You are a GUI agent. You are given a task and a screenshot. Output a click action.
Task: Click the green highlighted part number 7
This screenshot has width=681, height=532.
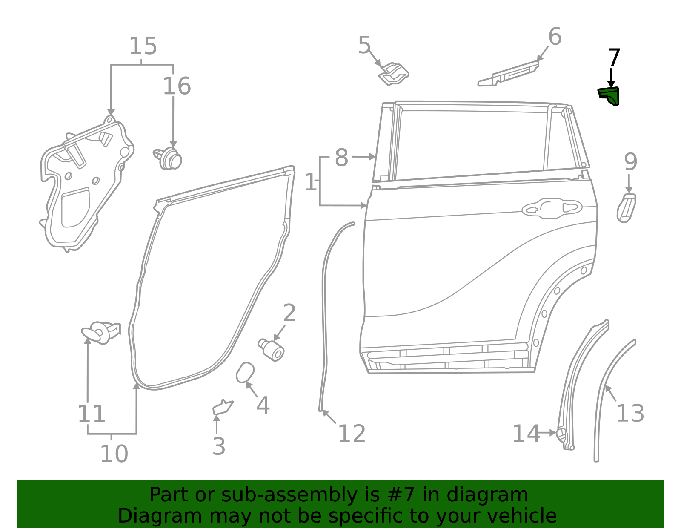coord(609,95)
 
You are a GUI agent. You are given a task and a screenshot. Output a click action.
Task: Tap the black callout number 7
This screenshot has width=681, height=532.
coord(614,58)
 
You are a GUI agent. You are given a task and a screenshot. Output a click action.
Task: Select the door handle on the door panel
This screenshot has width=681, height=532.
coord(552,208)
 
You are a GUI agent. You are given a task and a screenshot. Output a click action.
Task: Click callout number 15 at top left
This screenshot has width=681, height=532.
coord(143,46)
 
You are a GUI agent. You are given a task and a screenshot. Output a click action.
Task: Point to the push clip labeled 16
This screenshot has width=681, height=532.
coord(169,158)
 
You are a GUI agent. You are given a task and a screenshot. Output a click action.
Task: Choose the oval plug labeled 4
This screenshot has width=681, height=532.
coord(245,373)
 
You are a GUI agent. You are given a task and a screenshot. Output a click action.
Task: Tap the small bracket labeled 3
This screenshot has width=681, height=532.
coord(222,407)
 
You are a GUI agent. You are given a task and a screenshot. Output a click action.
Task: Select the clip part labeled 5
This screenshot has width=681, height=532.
coord(394,74)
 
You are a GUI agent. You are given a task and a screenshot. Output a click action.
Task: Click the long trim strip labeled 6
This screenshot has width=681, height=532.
coord(509,74)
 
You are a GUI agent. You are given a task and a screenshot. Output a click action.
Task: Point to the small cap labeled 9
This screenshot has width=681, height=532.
coord(626,208)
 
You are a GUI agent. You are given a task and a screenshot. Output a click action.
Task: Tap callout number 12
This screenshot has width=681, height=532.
coord(352,434)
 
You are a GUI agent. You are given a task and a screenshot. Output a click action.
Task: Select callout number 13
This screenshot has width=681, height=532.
coord(630,413)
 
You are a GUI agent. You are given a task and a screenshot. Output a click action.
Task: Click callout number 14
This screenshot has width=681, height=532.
coord(526,434)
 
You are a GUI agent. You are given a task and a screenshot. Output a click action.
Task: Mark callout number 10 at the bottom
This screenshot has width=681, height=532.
coord(114,454)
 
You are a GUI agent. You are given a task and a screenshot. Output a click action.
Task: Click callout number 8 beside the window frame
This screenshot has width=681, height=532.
coord(341,158)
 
